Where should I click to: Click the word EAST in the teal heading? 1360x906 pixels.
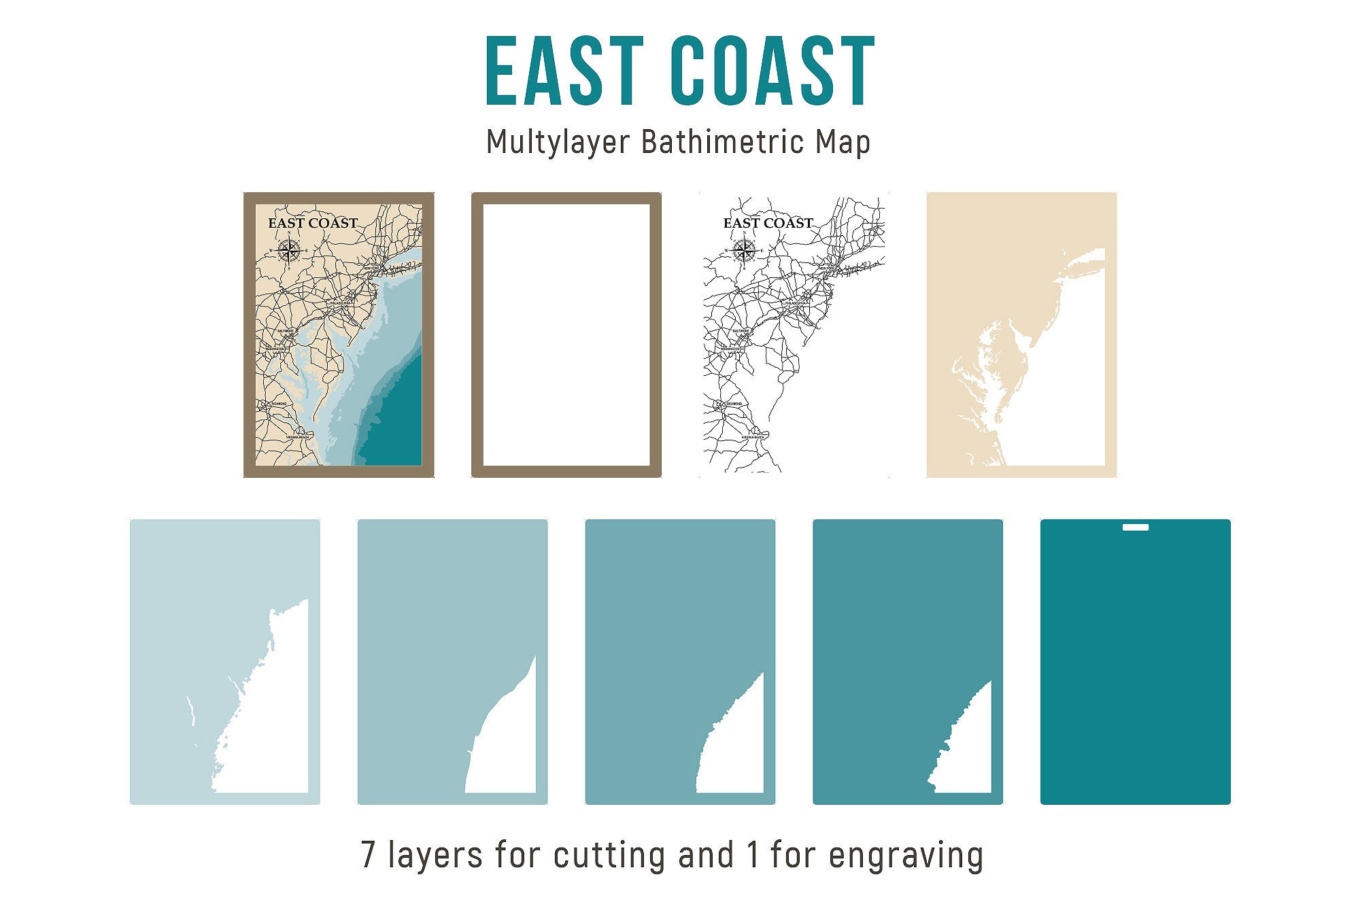tap(564, 71)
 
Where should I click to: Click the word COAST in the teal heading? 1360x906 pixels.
tap(772, 71)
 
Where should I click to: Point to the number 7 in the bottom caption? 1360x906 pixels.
tap(368, 854)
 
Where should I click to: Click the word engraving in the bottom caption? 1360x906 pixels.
tap(906, 854)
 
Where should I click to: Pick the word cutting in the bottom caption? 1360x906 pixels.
tap(609, 854)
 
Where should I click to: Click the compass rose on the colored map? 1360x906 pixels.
tap(290, 251)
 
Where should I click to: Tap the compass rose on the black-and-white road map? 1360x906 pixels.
tap(745, 251)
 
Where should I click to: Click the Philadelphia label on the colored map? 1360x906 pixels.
tap(341, 303)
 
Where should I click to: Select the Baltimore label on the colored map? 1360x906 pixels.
tap(286, 331)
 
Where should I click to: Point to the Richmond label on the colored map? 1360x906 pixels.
tap(278, 404)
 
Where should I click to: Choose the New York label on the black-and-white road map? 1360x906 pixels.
tap(826, 269)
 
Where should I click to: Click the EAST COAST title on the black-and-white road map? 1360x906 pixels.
tap(768, 223)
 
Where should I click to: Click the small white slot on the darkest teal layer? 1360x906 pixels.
tap(1136, 527)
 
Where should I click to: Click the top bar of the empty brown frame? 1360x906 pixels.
tap(566, 198)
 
